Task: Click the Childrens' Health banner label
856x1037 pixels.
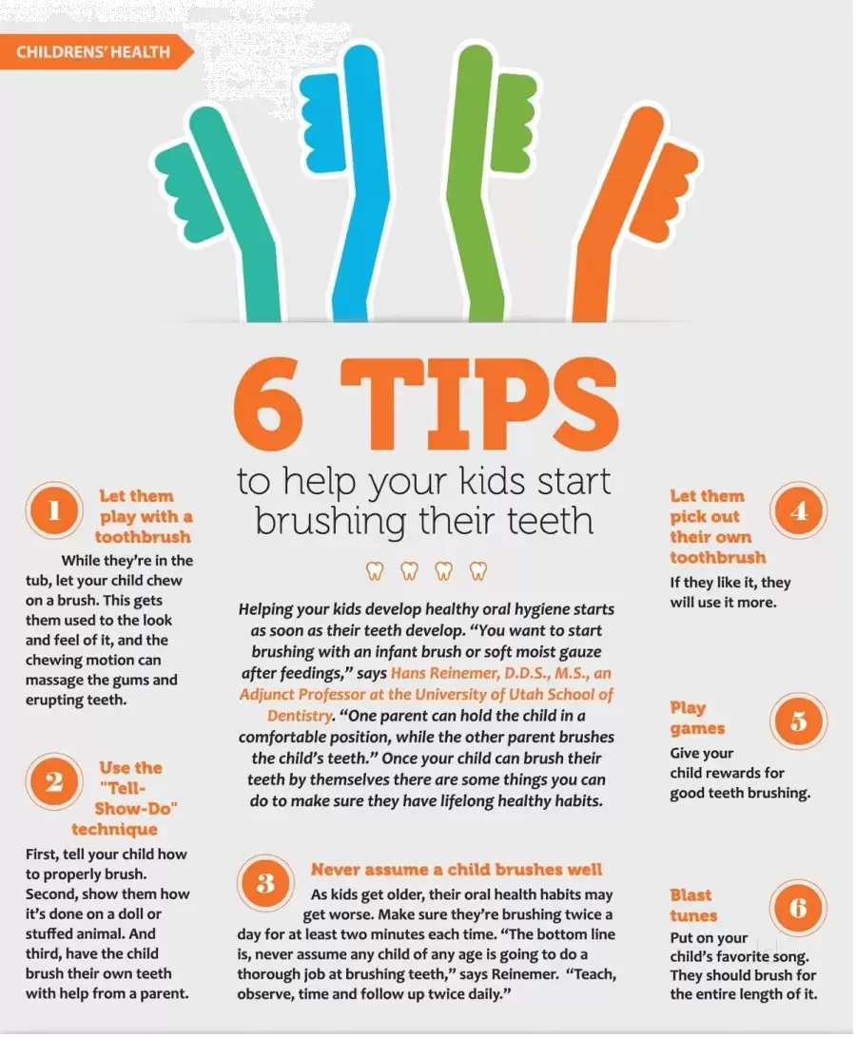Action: [x=92, y=51]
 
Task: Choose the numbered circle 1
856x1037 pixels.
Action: [x=54, y=511]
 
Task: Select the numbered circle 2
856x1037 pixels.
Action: [x=54, y=781]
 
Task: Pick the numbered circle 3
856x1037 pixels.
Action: [x=265, y=883]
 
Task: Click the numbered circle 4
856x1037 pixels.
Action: [x=799, y=511]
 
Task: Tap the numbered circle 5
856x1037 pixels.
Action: [x=799, y=721]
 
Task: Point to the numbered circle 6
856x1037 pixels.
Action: [x=798, y=909]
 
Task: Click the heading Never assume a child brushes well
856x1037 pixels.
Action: [x=457, y=869]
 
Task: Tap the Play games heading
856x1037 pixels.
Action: [x=697, y=718]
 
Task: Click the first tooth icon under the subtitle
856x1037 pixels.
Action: [x=375, y=570]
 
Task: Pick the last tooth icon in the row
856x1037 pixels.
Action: [x=478, y=570]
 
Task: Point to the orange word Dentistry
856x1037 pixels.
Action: [x=300, y=716]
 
